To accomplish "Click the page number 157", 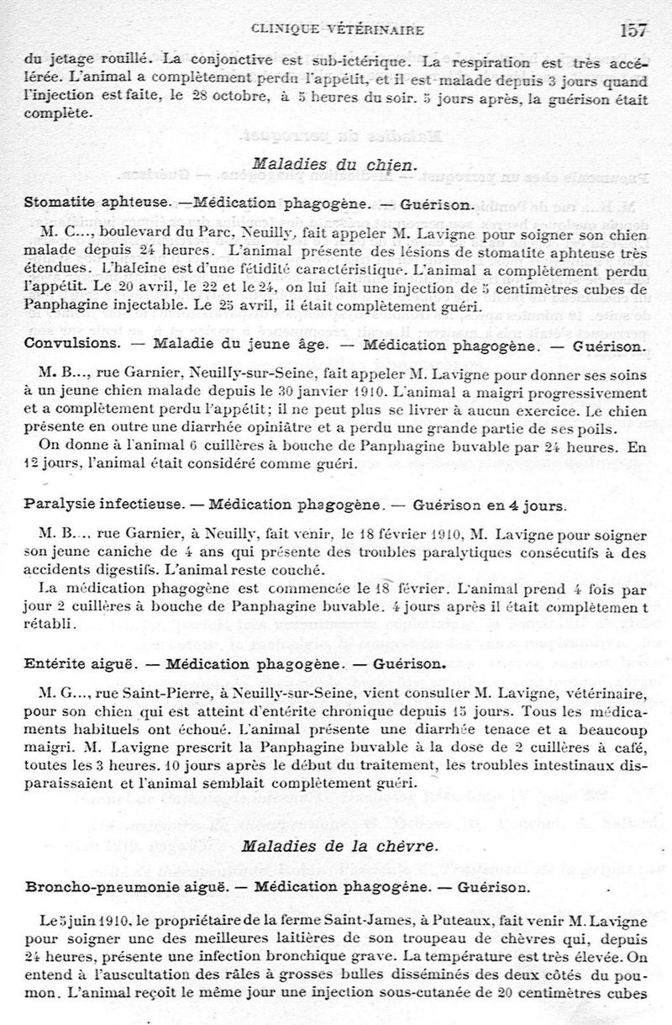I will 633,30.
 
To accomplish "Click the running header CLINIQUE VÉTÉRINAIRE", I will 337,31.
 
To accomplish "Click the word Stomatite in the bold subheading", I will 59,203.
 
